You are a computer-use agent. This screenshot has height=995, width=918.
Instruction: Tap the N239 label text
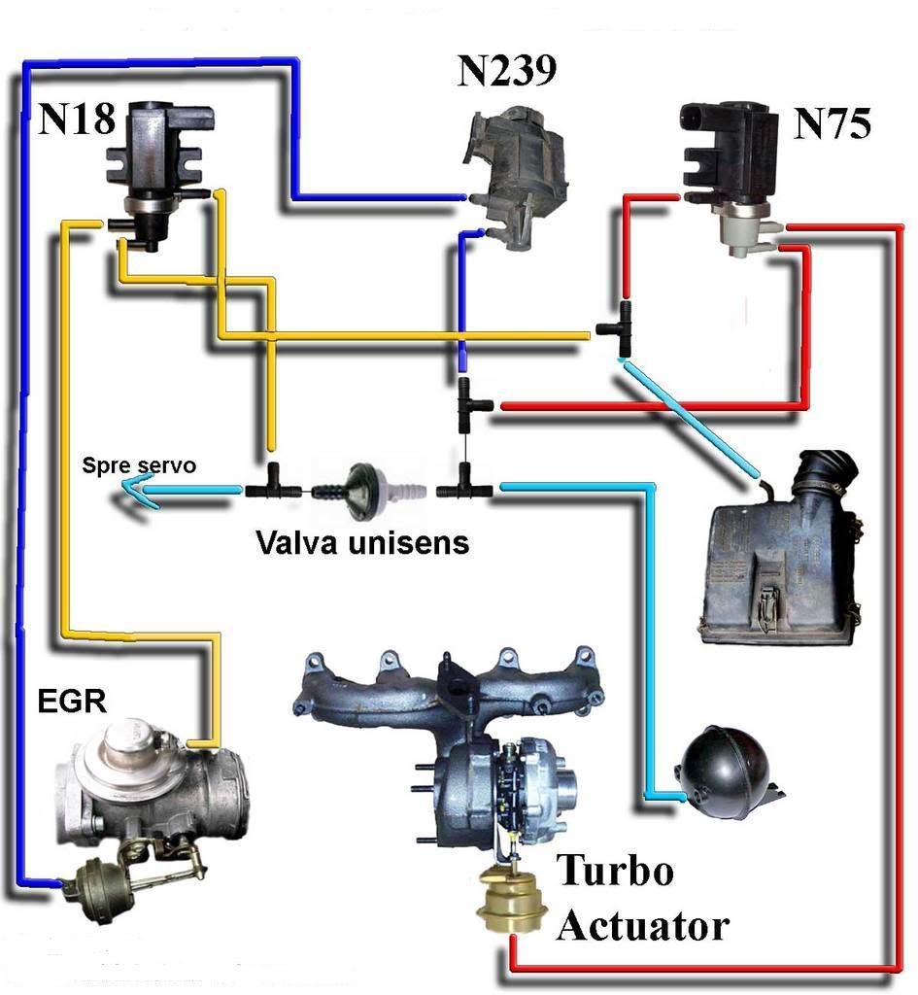[x=506, y=72]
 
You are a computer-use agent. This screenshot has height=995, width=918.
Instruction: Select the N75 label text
[x=833, y=124]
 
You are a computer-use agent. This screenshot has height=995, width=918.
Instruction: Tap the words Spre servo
[x=138, y=466]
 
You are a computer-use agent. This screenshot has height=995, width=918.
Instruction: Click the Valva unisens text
[x=362, y=542]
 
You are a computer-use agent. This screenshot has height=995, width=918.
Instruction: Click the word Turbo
[x=614, y=872]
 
